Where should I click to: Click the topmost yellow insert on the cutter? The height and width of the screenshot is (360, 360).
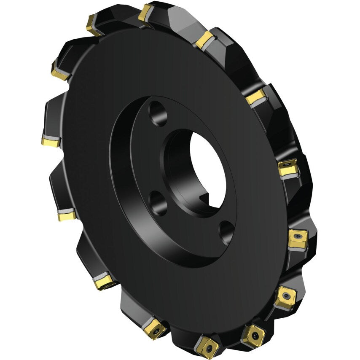pos(146,13)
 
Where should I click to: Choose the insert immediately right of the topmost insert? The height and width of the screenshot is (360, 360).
pos(205,40)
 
